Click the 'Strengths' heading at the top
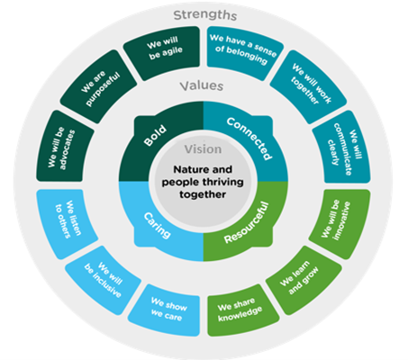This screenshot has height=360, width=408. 205,15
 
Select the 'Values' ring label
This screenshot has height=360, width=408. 202,85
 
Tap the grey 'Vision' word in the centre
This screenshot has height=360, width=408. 203,149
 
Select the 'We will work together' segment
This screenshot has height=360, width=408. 309,87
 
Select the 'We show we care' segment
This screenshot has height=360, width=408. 168,310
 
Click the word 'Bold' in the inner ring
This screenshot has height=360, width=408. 155,135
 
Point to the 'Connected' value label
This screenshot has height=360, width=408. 249,138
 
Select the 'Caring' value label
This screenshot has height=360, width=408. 158,225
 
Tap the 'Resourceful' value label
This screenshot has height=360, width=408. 247,223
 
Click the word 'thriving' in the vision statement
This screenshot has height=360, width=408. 222,182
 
